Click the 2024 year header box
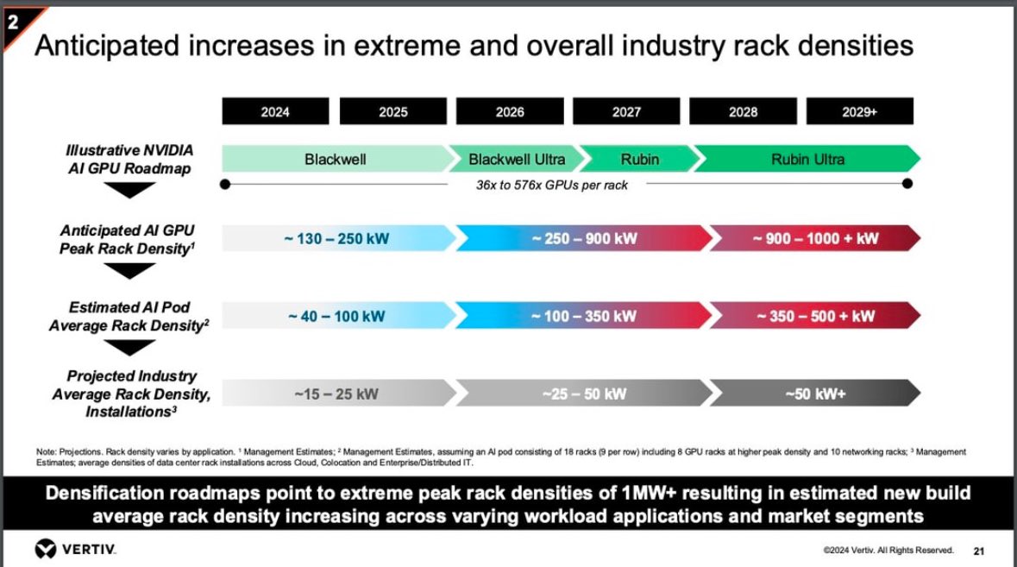(x=275, y=111)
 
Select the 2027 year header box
(x=626, y=111)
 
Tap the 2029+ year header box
(x=859, y=111)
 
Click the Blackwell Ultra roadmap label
(x=517, y=159)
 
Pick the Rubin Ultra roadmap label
(x=807, y=159)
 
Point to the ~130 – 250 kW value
(x=336, y=238)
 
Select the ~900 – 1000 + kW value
(x=815, y=238)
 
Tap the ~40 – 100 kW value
(x=336, y=316)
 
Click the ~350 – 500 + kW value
(x=815, y=316)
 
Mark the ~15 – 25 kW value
(x=336, y=394)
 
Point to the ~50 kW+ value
(x=815, y=394)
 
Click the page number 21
(x=978, y=551)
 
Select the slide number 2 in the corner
(x=12, y=23)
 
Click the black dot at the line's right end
(x=907, y=184)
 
